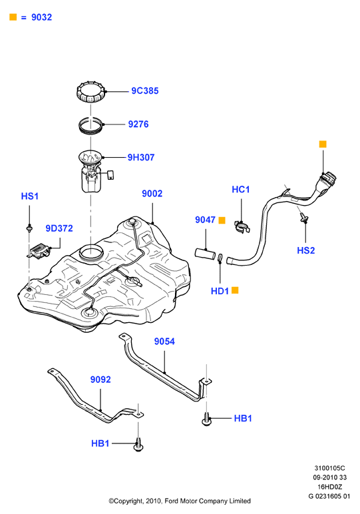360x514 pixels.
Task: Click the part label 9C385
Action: tap(145, 91)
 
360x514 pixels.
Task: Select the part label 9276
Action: tap(138, 125)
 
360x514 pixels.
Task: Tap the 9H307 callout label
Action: tap(141, 157)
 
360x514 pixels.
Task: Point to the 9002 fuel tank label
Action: tap(152, 193)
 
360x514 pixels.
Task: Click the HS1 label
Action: tap(30, 196)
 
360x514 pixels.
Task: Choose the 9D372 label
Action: tap(59, 228)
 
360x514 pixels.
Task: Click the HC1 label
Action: tap(241, 189)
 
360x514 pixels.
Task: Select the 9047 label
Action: tap(205, 220)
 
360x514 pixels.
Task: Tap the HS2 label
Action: tap(305, 250)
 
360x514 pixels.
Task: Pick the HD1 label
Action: tap(220, 291)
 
